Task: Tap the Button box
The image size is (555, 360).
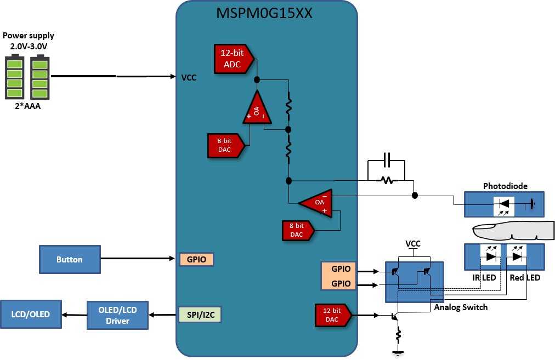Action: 70,260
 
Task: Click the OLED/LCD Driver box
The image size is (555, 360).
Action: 117,315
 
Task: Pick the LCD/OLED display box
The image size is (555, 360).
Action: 31,315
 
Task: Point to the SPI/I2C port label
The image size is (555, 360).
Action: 196,315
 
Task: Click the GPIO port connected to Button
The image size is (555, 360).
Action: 196,259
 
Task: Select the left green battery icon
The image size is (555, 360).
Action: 15,77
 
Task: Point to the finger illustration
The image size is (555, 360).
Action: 505,231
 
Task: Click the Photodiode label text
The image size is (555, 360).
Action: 505,186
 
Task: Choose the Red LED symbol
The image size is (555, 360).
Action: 517,255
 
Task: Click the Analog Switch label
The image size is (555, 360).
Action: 461,307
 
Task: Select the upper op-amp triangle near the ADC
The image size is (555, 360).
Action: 256,108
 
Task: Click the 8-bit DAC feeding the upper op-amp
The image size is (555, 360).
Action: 225,145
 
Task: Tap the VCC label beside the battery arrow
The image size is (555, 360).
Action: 189,78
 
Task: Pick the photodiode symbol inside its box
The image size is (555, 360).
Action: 504,205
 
